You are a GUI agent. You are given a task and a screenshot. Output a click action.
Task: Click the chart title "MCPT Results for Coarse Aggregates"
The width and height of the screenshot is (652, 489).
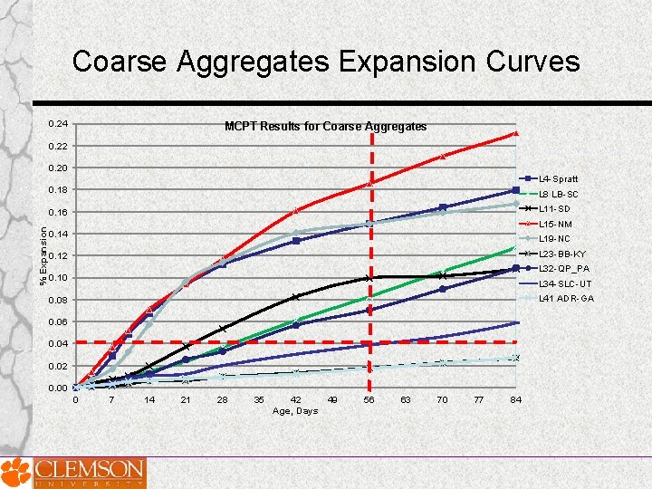point(325,127)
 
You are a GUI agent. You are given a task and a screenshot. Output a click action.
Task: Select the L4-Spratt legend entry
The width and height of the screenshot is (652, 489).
point(558,179)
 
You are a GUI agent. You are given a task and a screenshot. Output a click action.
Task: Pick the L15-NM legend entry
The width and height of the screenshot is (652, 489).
point(555,224)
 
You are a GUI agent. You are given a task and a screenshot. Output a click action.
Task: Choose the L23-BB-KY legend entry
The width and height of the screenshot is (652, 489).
point(561,254)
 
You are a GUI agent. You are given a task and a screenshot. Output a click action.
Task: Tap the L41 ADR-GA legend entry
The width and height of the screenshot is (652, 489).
point(566,298)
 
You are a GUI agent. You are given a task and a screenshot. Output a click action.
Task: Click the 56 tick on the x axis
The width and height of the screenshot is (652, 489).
point(369,399)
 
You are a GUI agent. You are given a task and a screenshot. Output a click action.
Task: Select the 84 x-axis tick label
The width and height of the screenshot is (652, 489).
point(515,399)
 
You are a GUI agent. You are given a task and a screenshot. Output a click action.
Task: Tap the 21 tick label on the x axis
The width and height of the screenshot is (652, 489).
point(186,399)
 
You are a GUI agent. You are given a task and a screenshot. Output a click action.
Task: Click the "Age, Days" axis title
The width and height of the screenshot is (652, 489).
point(295,411)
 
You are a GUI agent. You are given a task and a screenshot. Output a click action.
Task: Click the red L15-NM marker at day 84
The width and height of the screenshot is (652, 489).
point(515,133)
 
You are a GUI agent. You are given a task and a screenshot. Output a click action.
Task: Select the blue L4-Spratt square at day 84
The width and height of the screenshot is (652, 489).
point(515,190)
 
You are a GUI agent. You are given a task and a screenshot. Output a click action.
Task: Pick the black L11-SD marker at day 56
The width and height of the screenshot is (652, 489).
point(369,278)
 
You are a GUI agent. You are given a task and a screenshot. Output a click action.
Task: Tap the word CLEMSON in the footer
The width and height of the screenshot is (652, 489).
point(90,468)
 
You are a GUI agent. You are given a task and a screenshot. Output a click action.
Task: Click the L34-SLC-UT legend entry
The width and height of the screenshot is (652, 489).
point(564,283)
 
